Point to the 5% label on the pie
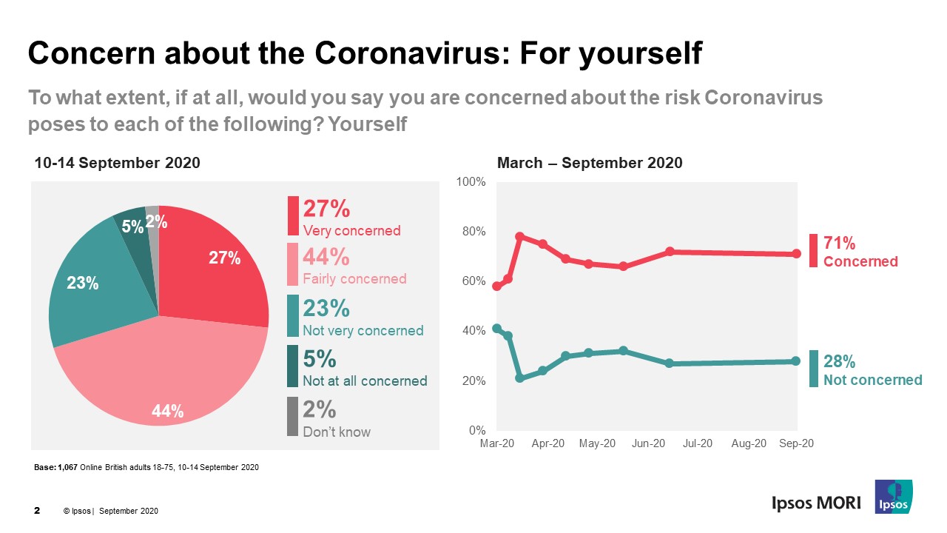point(132,227)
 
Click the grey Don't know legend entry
point(337,432)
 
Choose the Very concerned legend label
point(351,230)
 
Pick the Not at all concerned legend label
point(365,381)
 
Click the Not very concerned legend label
point(363,331)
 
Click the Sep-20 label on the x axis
point(797,443)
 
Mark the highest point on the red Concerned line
point(519,237)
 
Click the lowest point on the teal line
point(519,378)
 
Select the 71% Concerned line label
point(860,252)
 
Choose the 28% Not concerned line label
point(872,370)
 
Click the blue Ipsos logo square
point(893,497)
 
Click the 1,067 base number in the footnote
point(67,468)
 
